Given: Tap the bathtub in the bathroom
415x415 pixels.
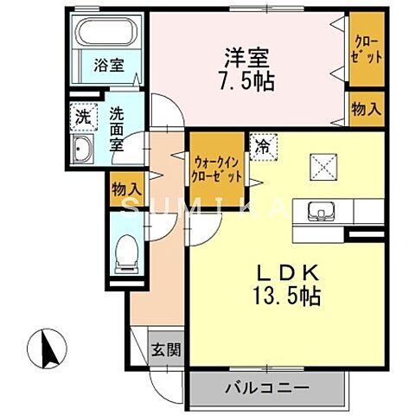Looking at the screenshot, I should tap(105, 35).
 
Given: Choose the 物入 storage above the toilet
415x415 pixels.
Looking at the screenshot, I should tap(126, 187).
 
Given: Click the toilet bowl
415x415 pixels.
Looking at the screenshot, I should tap(124, 251).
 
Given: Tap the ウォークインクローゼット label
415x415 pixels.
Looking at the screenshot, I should tap(215, 163).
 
